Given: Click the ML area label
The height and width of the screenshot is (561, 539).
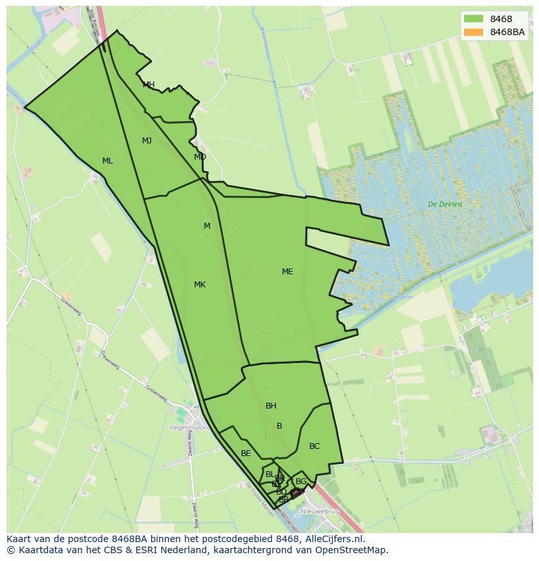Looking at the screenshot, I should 107,161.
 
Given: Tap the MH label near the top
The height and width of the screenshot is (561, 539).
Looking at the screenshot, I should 148,85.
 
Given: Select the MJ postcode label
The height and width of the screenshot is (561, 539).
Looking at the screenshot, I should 146,141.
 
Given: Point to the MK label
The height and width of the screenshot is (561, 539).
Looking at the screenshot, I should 200,285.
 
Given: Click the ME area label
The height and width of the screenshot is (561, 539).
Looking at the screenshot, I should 287,272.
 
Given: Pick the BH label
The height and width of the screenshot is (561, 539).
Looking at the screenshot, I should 271,406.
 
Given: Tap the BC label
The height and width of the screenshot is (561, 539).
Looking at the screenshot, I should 314,446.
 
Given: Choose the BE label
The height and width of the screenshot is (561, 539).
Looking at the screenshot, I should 245,453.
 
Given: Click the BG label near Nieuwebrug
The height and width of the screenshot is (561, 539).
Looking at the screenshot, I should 301,482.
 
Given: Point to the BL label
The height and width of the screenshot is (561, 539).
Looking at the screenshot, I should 269,474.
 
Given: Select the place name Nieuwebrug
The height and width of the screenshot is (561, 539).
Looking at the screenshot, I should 320,511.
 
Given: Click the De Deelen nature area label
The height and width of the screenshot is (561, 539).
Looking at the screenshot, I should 445,205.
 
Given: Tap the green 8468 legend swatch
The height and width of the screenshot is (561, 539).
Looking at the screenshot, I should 473,19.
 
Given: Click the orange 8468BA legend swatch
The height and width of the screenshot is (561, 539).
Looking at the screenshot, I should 473,32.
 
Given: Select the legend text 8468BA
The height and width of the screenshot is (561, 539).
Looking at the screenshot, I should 507,32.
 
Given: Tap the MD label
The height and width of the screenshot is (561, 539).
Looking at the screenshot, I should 200,157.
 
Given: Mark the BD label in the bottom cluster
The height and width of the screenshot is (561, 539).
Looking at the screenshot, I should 281,491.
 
